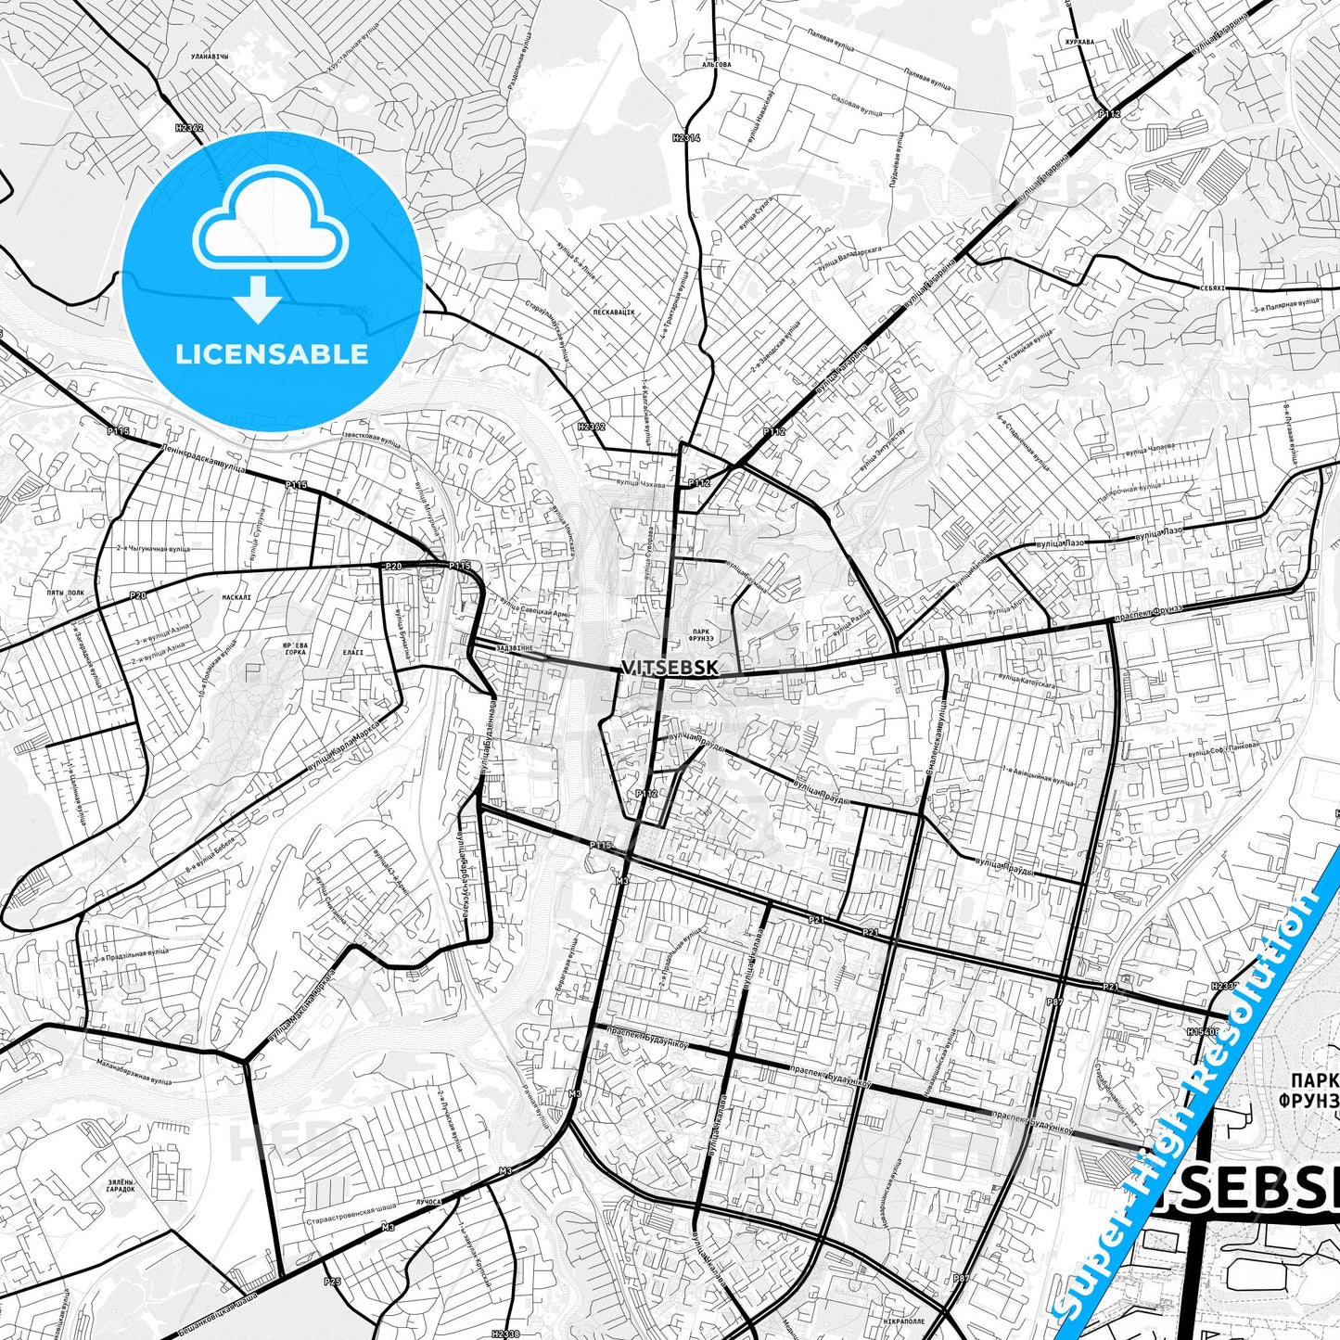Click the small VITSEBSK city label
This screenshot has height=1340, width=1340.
click(x=669, y=668)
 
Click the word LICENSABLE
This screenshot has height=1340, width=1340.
click(x=272, y=353)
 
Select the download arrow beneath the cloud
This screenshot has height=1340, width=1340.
click(x=259, y=299)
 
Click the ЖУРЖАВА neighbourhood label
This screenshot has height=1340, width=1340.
click(x=1079, y=42)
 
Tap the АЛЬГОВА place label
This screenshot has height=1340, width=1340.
click(x=716, y=65)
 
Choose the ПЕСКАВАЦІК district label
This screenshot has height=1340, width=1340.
click(x=614, y=313)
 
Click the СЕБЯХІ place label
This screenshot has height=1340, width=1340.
click(x=1211, y=287)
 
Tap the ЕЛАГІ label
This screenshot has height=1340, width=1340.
click(x=353, y=652)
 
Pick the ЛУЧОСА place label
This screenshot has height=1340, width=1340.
click(x=428, y=1201)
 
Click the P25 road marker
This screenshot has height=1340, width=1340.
click(x=332, y=1281)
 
